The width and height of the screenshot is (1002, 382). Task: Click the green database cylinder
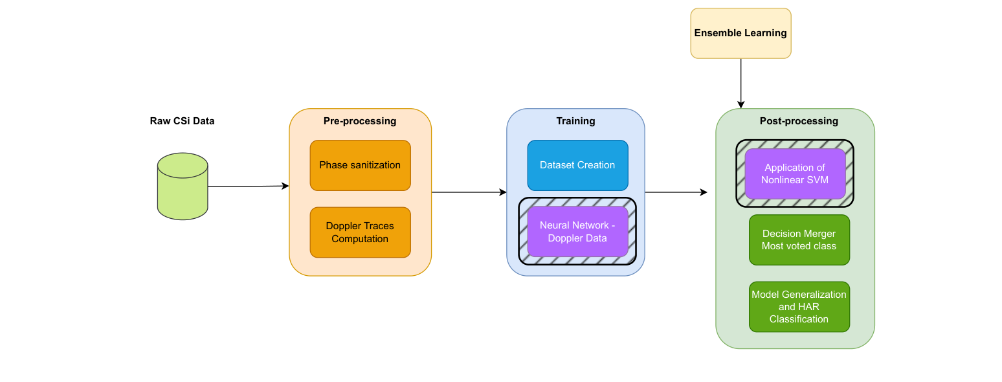(x=183, y=186)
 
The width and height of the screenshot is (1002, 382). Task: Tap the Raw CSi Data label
(x=182, y=121)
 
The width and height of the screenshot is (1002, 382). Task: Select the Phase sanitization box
(x=360, y=165)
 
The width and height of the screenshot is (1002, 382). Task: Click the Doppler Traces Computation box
(x=360, y=232)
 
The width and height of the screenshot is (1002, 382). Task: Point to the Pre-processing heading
(x=360, y=121)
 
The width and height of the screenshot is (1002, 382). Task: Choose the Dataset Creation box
(x=577, y=165)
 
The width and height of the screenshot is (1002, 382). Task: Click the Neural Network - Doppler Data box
(x=577, y=232)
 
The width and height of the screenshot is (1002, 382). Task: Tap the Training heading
(x=575, y=121)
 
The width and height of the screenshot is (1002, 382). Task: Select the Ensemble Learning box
(x=740, y=33)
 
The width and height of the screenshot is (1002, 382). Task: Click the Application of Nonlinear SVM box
(x=795, y=174)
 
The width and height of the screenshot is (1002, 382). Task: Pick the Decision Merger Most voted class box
(x=799, y=240)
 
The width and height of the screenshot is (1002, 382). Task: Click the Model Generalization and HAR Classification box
(x=799, y=307)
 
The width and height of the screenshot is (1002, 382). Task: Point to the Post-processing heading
(x=799, y=121)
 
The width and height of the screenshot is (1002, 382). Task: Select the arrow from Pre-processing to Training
(x=469, y=192)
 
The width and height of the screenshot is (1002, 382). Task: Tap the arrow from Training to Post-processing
(x=676, y=192)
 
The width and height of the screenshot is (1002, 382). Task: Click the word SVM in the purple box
(x=818, y=180)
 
